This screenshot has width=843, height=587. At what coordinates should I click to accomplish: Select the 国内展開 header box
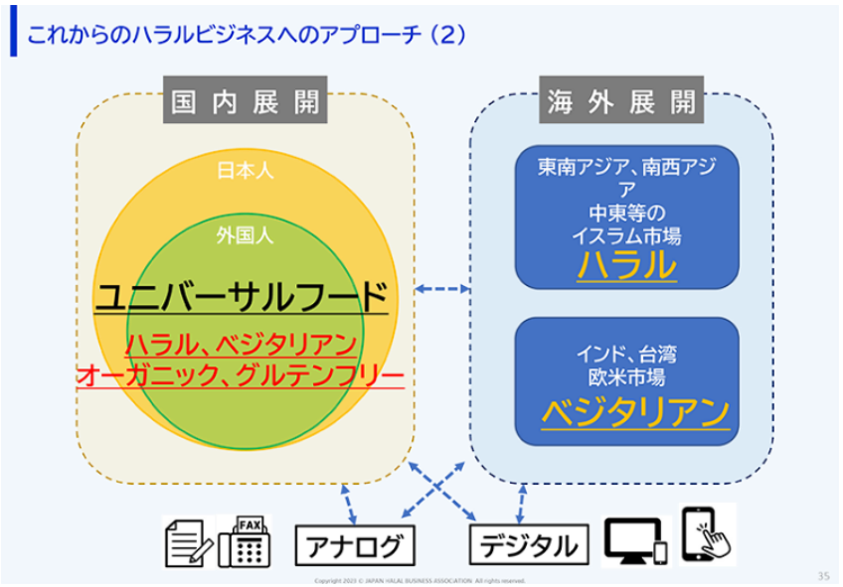pyautogui.click(x=246, y=101)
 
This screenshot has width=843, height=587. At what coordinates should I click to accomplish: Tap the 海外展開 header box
pyautogui.click(x=621, y=101)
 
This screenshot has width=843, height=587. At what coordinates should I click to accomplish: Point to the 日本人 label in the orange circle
pyautogui.click(x=245, y=170)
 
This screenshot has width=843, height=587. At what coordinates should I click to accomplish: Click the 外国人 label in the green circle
pyautogui.click(x=245, y=236)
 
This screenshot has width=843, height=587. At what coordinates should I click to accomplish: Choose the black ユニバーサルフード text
pyautogui.click(x=241, y=296)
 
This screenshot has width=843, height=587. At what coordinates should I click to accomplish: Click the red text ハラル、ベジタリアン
pyautogui.click(x=241, y=345)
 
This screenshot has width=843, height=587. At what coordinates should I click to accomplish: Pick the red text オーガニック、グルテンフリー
pyautogui.click(x=241, y=375)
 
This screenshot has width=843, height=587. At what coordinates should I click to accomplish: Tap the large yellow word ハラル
pyautogui.click(x=626, y=265)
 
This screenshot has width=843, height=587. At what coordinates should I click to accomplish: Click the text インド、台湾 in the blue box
pyautogui.click(x=626, y=355)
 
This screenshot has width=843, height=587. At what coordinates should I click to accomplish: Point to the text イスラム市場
pyautogui.click(x=626, y=236)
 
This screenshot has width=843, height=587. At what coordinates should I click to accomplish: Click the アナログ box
pyautogui.click(x=355, y=545)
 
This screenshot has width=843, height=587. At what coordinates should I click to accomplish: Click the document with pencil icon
pyautogui.click(x=185, y=542)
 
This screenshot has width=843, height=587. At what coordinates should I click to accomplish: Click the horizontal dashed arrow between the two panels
pyautogui.click(x=442, y=289)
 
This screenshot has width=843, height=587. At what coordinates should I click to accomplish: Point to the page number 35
pyautogui.click(x=822, y=575)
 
